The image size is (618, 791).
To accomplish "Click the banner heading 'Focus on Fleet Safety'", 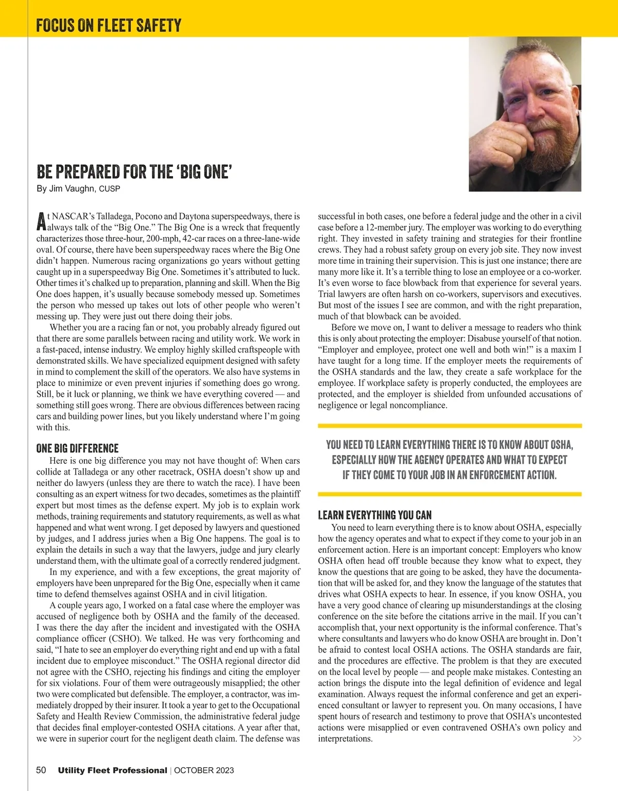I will click(x=109, y=25).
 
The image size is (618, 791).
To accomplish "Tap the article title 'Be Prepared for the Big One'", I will click(x=134, y=172).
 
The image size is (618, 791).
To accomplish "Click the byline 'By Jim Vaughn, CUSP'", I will click(x=78, y=189).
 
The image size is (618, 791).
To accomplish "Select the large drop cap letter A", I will click(x=41, y=222).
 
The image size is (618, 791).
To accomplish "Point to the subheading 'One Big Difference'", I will click(x=77, y=448).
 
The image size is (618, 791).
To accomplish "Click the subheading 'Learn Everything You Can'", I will click(x=374, y=515).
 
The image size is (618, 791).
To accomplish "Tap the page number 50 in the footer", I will click(x=41, y=770).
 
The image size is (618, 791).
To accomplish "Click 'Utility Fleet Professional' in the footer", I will click(x=112, y=770).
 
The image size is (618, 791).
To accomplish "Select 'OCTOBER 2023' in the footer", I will click(x=204, y=770).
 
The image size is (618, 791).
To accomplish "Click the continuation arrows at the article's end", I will click(x=577, y=739).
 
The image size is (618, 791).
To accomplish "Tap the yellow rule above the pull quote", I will click(x=450, y=426).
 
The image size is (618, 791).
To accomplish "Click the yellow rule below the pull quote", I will click(x=450, y=494).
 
